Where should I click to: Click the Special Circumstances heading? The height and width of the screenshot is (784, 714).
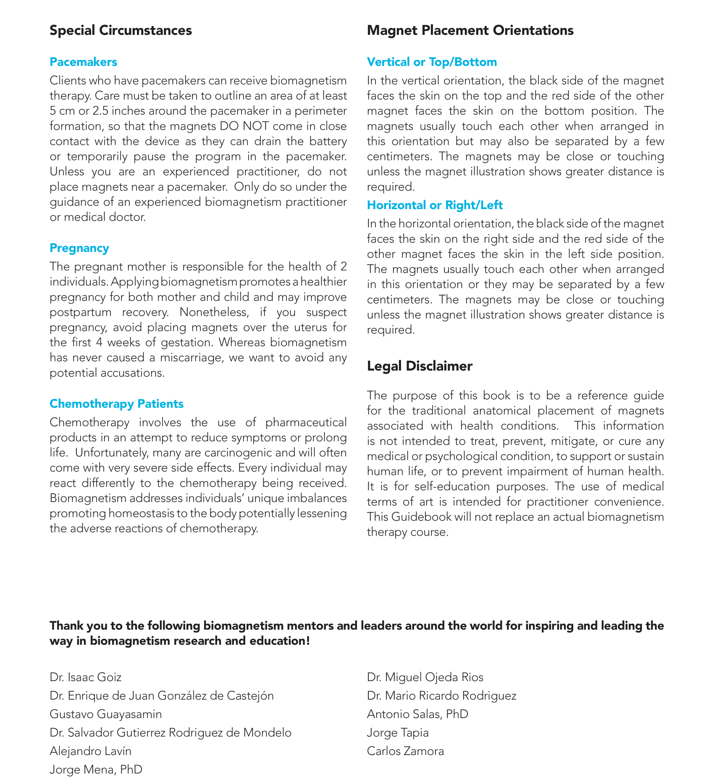click(x=121, y=31)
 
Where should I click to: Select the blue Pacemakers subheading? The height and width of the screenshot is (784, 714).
click(x=83, y=62)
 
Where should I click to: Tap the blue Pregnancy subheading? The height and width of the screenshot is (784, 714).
click(x=79, y=248)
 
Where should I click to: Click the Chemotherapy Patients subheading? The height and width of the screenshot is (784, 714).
click(x=116, y=404)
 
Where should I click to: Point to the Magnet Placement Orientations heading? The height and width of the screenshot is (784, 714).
click(x=470, y=31)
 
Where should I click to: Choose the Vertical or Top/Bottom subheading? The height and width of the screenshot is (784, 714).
click(x=432, y=62)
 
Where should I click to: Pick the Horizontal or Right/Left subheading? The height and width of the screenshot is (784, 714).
click(x=435, y=205)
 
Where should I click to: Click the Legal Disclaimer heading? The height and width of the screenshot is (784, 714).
click(x=419, y=366)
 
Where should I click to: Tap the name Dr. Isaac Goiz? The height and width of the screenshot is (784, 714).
click(x=85, y=677)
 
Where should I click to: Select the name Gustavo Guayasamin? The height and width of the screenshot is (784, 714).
click(x=105, y=714)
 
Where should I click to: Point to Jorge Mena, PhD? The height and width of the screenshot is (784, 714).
click(x=96, y=770)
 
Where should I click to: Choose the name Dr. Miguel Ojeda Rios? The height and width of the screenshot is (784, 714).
click(x=425, y=677)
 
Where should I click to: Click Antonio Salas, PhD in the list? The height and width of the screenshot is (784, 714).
click(x=417, y=714)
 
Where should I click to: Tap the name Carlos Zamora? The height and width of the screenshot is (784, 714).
click(x=405, y=751)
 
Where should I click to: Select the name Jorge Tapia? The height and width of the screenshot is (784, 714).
click(x=397, y=733)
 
